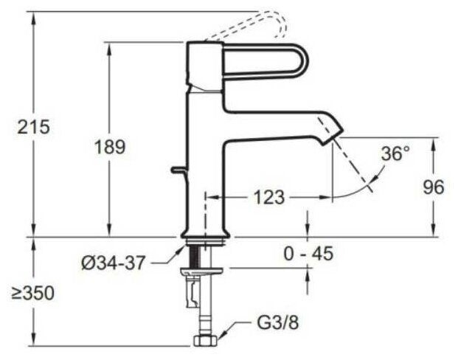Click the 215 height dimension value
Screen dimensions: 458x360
point(35,126)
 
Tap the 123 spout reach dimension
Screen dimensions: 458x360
point(268,197)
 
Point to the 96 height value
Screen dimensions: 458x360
point(434,187)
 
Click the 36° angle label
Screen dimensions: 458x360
point(395,154)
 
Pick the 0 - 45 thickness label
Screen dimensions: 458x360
point(308,253)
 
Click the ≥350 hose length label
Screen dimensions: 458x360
point(33,292)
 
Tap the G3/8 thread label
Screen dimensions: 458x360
point(274,323)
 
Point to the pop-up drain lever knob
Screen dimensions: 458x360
point(174,170)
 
